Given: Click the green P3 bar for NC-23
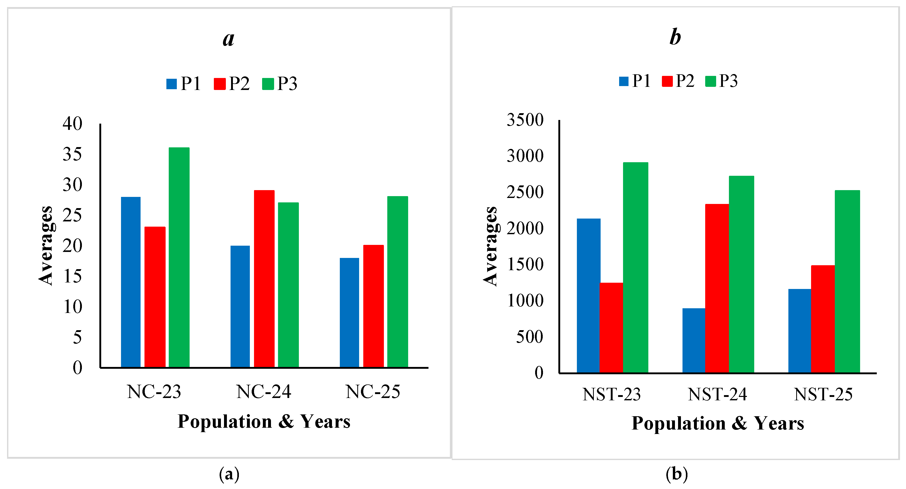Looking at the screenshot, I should point(179,257).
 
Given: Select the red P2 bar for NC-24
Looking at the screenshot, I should point(264,279).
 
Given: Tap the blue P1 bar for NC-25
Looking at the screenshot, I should point(349,312).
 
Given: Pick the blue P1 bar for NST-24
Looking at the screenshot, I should point(693,340).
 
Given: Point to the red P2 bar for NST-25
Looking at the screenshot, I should point(823,319).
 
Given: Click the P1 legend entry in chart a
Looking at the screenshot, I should point(184,84).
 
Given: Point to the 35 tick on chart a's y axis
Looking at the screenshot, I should point(73,154).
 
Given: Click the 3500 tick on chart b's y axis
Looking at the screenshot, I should point(525,120).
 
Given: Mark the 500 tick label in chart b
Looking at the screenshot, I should point(529,337).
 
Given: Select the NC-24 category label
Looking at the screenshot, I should point(264,391).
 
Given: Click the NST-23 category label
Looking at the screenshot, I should point(611,394).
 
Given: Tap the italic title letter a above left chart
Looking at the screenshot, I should point(229,38).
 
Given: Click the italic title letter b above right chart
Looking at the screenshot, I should point(675,37).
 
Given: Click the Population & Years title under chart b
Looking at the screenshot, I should point(717,423).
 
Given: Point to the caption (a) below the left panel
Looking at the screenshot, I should point(229,474).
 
